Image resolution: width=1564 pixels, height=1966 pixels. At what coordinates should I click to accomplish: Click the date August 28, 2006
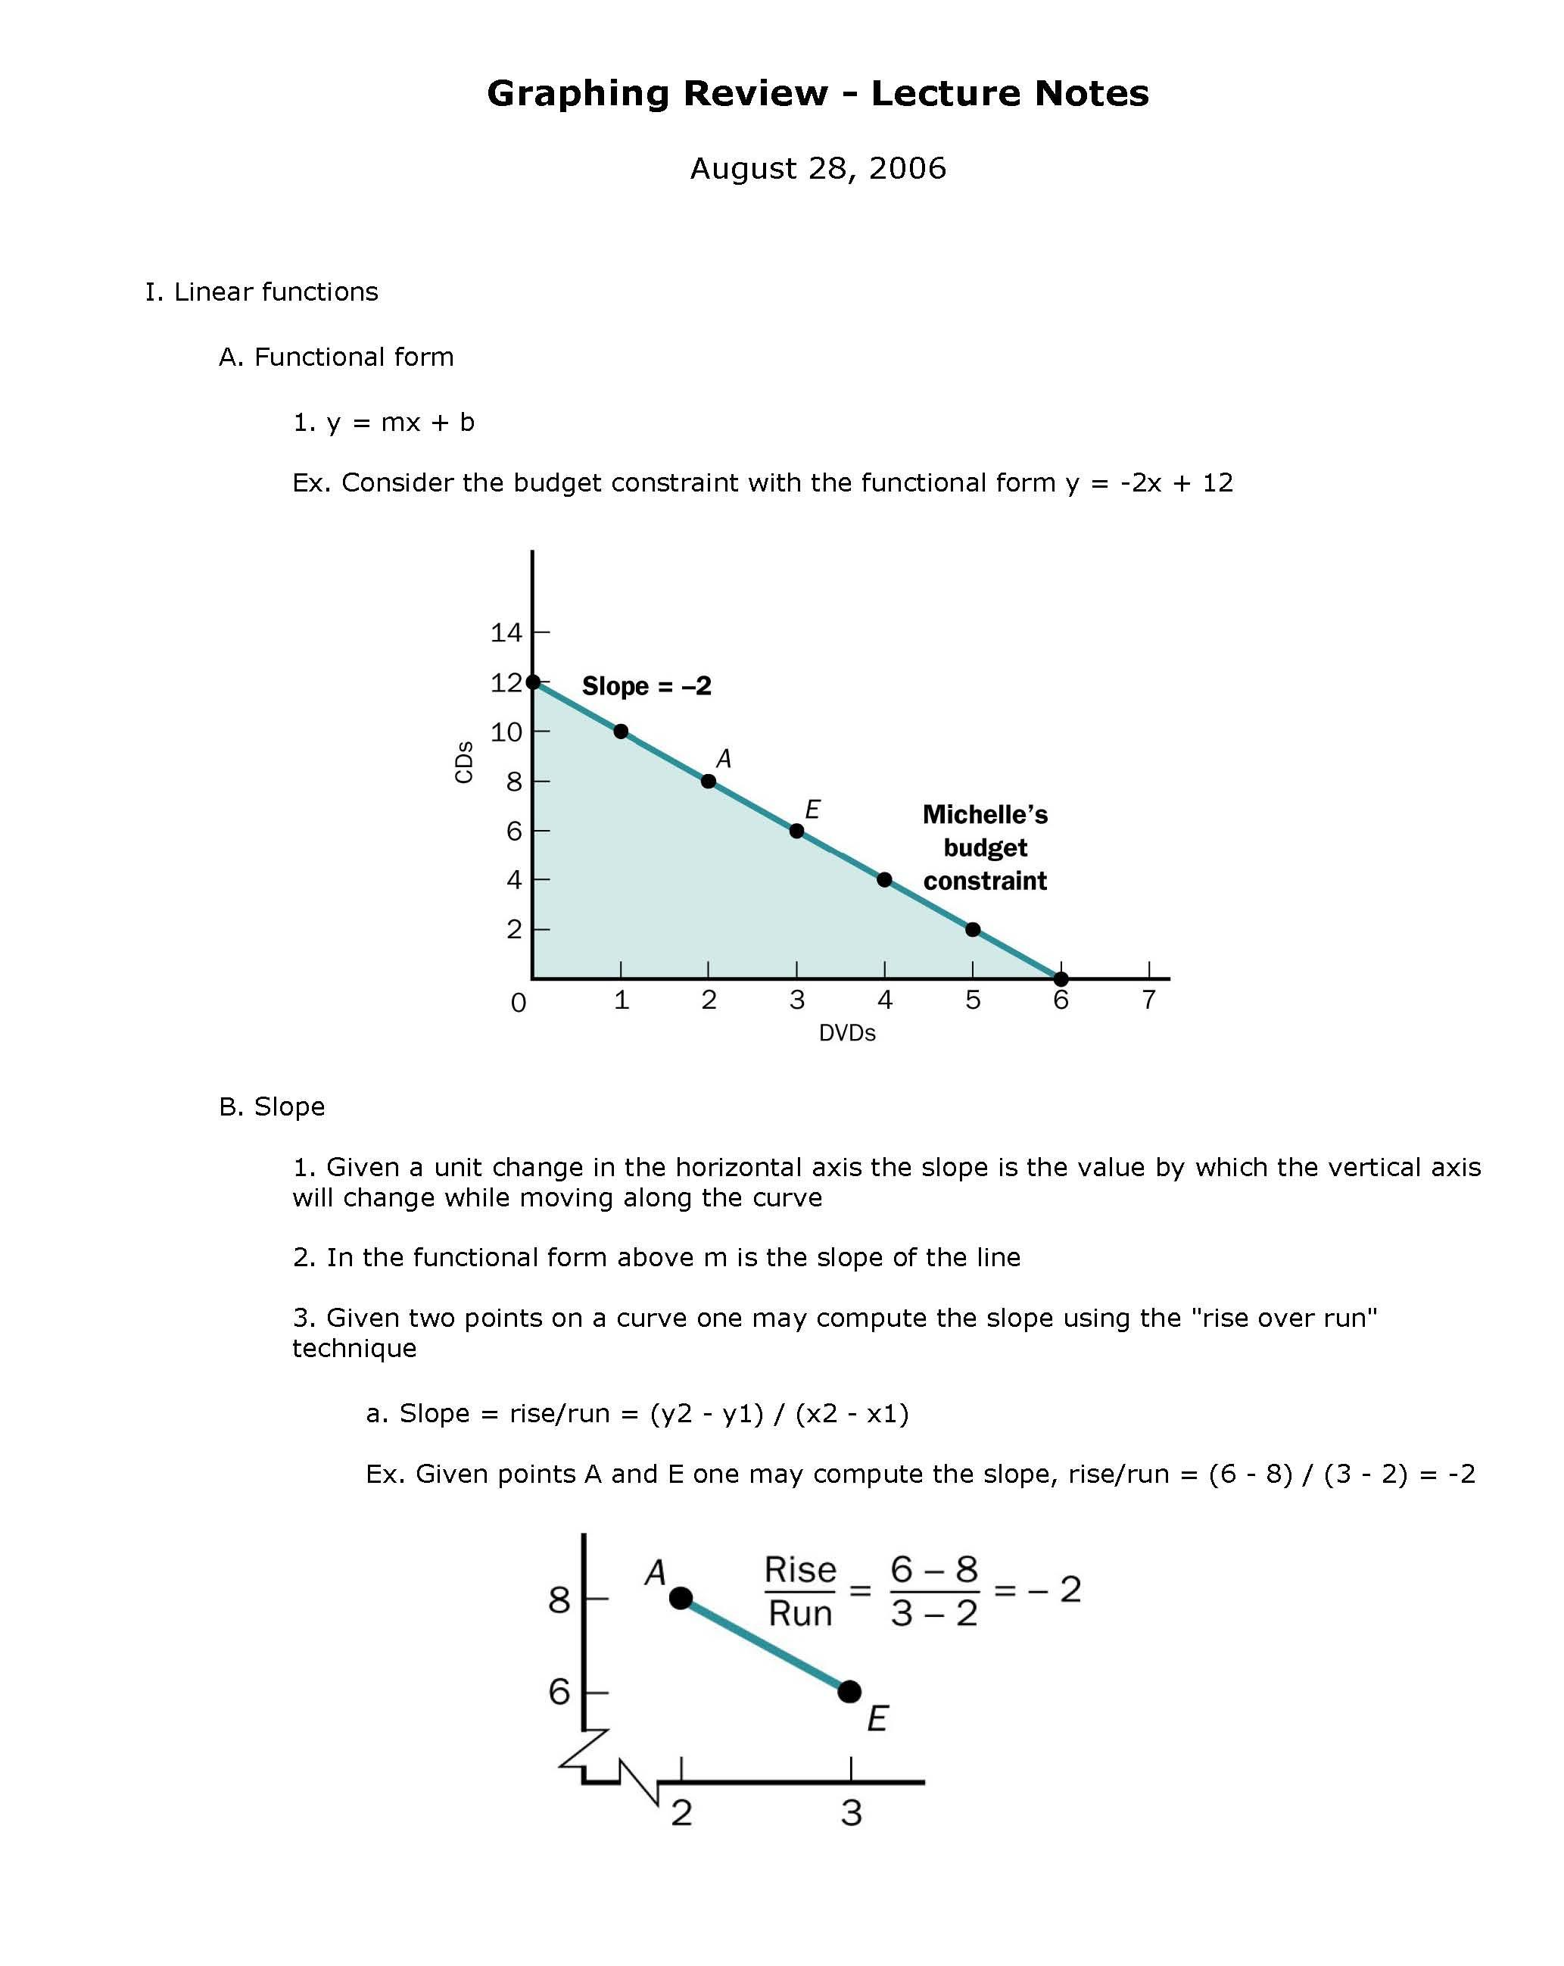(x=818, y=169)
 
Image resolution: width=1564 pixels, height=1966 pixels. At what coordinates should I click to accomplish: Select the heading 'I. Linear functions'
(x=262, y=292)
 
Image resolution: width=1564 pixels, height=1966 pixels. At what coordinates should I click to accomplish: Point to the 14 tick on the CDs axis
(x=506, y=632)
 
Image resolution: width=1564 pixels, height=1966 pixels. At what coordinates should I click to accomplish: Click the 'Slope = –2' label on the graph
(x=646, y=685)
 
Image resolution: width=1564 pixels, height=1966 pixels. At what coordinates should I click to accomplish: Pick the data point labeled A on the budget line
(x=708, y=782)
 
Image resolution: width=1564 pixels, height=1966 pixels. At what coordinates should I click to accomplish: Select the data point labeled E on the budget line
(x=796, y=831)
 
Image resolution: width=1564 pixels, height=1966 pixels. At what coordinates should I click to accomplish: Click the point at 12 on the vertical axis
(x=533, y=682)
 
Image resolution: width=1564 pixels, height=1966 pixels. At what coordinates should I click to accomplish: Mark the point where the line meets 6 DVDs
(x=1060, y=978)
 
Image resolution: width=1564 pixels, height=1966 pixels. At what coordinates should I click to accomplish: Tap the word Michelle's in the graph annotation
(x=984, y=814)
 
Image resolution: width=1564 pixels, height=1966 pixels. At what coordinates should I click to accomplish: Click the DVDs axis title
(x=846, y=1033)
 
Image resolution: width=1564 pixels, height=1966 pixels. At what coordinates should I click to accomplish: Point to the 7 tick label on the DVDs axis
(x=1148, y=1000)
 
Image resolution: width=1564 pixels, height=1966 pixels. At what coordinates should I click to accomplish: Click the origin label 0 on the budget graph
(x=519, y=1003)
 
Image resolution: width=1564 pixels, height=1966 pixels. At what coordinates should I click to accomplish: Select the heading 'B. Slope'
(x=272, y=1106)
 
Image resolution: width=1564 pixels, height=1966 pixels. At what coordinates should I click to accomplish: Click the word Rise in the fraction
(x=799, y=1569)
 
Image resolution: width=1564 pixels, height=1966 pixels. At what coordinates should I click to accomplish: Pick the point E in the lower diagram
(x=849, y=1692)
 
